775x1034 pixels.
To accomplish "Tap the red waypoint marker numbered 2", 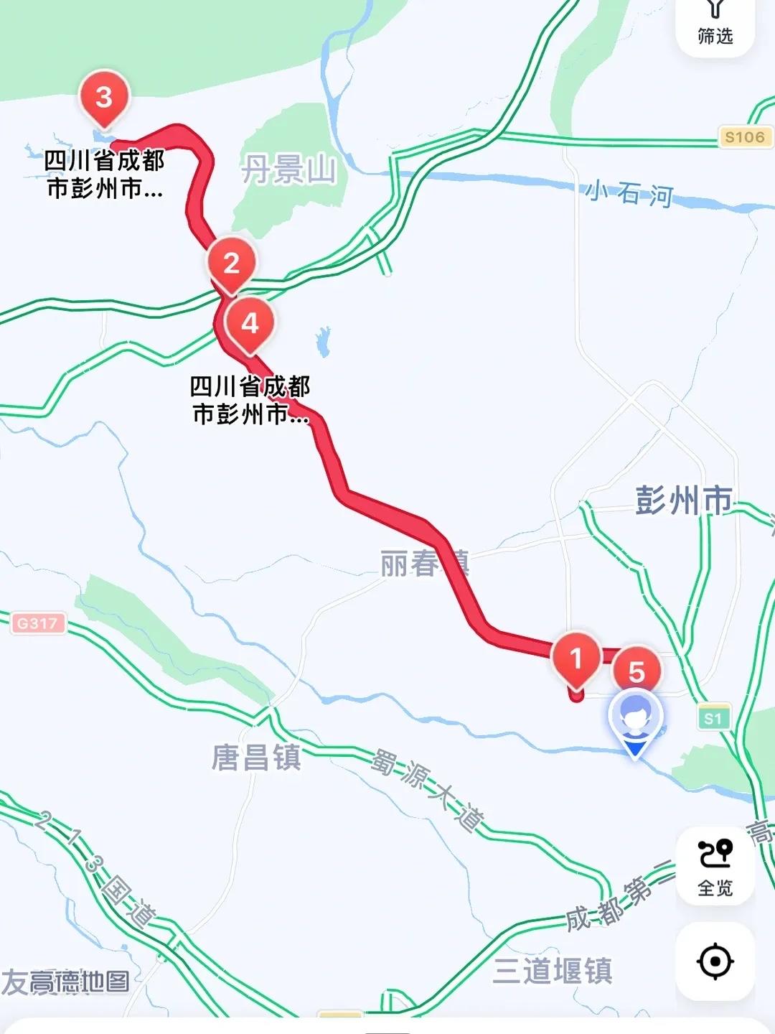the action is [231, 264].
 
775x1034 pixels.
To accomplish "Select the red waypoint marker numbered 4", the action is [250, 324].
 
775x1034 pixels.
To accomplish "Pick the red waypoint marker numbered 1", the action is [576, 658].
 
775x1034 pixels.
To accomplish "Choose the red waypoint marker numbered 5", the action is [637, 672].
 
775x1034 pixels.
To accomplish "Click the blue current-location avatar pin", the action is [635, 719].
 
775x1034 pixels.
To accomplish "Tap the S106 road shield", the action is [744, 137].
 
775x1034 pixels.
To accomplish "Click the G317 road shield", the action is [38, 623].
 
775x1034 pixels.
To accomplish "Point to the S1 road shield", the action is [713, 718].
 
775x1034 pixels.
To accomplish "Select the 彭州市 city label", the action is [683, 500].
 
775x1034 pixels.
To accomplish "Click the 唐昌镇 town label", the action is [256, 758].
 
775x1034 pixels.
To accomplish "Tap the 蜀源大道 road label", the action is [428, 789].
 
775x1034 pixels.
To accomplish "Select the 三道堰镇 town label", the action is [553, 971].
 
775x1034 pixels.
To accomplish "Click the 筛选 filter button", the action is [715, 25].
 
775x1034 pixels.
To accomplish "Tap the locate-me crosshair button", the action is [715, 961].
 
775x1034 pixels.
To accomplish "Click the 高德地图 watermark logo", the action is [66, 982].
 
